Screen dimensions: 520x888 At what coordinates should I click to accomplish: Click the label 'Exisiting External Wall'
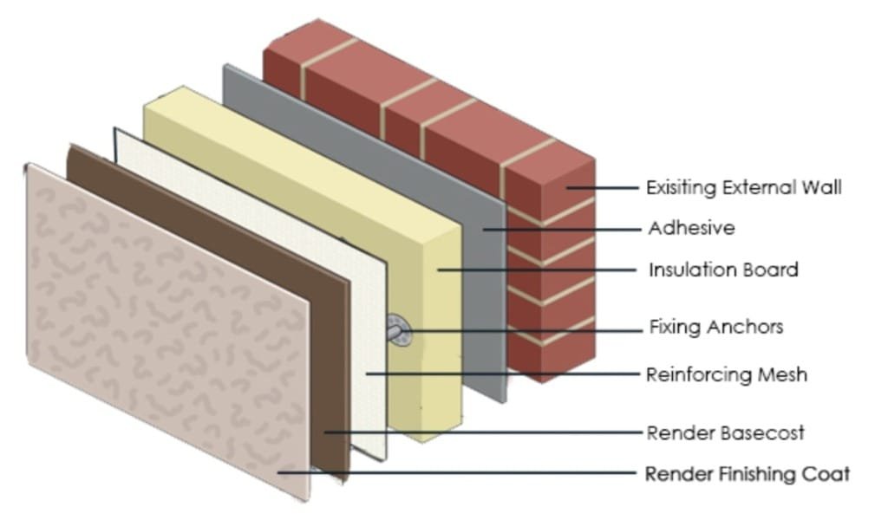pyautogui.click(x=744, y=187)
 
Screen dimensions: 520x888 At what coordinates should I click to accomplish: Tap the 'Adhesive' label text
pyautogui.click(x=691, y=229)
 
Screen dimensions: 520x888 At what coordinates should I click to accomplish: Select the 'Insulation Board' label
pyautogui.click(x=723, y=270)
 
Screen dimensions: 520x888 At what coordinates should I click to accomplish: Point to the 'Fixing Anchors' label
pyautogui.click(x=716, y=328)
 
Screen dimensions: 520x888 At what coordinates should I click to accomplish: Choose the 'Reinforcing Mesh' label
pyautogui.click(x=727, y=374)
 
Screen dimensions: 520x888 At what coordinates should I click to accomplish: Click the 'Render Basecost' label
pyautogui.click(x=726, y=432)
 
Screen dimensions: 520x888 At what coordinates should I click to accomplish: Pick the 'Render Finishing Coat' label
pyautogui.click(x=748, y=474)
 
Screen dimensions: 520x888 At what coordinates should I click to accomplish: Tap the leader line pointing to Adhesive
pyautogui.click(x=564, y=229)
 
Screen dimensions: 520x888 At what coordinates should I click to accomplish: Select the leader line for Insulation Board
pyautogui.click(x=538, y=270)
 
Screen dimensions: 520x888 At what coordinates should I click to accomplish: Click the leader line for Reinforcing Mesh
pyautogui.click(x=503, y=374)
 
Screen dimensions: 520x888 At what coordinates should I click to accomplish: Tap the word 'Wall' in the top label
pyautogui.click(x=824, y=187)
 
